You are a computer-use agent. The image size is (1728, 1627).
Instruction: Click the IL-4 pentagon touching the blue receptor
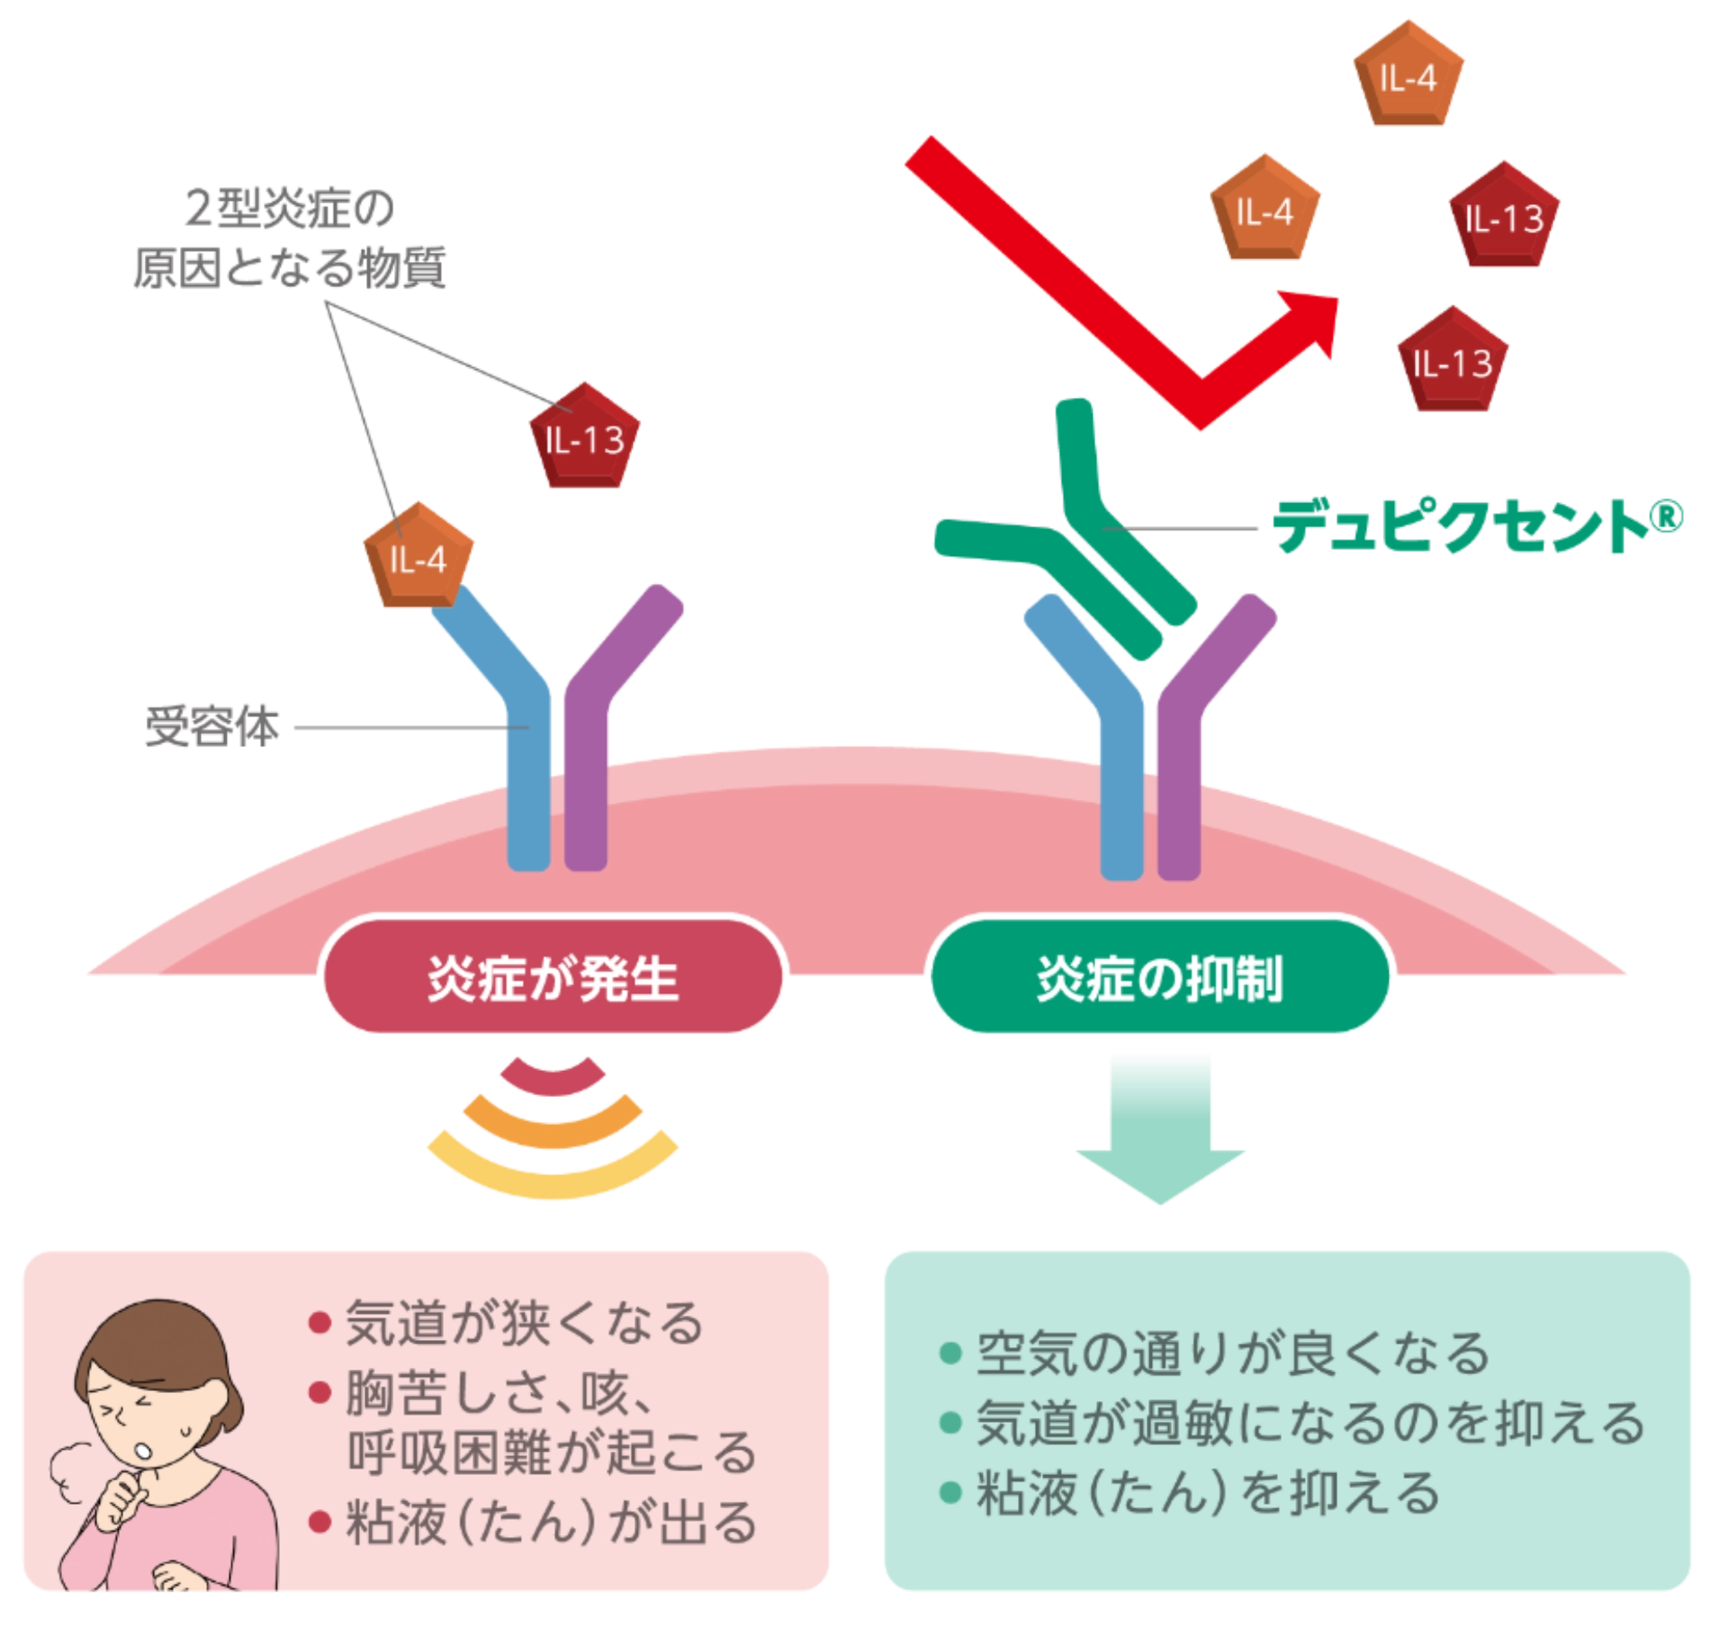pos(418,556)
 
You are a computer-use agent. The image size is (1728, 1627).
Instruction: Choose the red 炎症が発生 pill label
pos(551,979)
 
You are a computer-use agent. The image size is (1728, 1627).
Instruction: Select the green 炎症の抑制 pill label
pos(1159,979)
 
